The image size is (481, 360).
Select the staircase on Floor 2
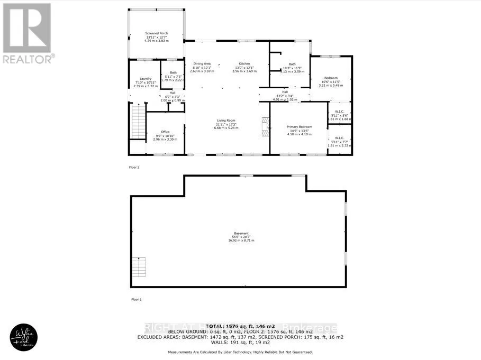tap(138, 122)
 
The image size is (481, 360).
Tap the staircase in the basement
tap(139, 267)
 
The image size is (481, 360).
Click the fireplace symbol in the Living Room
tap(264, 127)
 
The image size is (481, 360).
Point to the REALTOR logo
tap(28, 32)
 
